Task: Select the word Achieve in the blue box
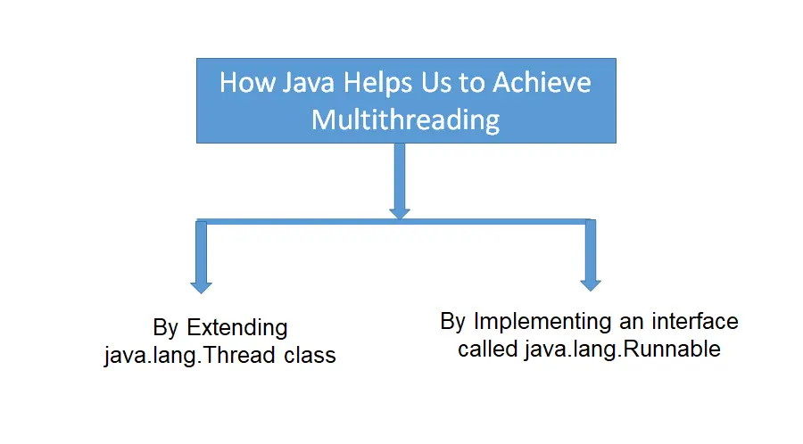[x=543, y=84]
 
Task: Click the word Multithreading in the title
[x=405, y=119]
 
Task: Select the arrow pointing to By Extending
[x=201, y=259]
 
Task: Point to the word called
[x=488, y=349]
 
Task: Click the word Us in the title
[x=428, y=84]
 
